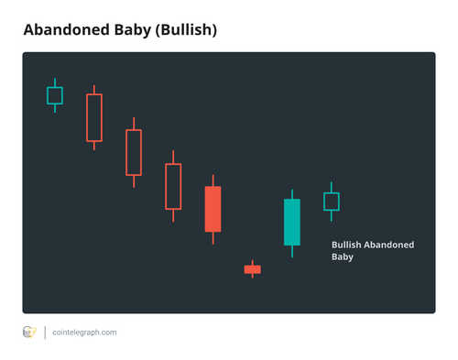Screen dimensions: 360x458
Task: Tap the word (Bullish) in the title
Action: pos(186,30)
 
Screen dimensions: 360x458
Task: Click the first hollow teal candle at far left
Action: pos(55,95)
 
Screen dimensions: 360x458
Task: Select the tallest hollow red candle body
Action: pos(94,117)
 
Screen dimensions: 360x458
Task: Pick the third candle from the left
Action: pos(134,152)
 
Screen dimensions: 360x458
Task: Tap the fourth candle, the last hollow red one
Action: pos(173,186)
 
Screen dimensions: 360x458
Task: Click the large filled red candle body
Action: pos(213,209)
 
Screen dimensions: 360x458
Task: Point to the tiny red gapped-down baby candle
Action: pos(252,269)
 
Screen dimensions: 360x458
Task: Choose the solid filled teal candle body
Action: pos(291,222)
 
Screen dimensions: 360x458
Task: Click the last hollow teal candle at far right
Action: pos(331,202)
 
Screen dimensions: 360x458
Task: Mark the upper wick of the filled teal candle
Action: pos(291,194)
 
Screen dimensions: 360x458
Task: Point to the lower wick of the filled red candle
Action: pos(213,238)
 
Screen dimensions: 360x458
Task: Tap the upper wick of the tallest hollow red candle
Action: pos(94,90)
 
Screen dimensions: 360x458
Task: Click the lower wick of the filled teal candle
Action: pos(291,251)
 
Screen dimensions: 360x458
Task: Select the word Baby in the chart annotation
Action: pos(342,257)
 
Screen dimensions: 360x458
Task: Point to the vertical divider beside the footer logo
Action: pos(45,333)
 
